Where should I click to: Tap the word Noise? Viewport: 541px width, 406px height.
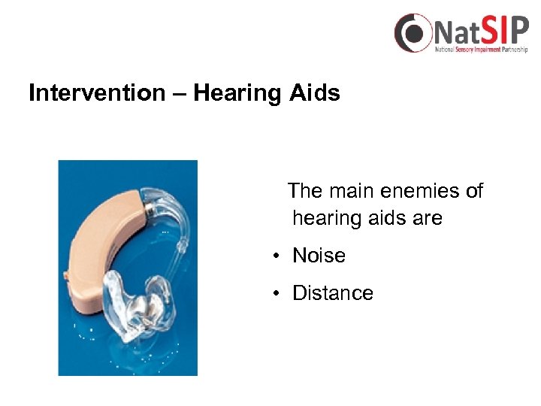pos(319,256)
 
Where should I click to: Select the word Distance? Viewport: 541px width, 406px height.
pos(332,293)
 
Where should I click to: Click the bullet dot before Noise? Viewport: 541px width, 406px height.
pos(277,256)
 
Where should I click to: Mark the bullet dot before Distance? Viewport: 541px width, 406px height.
pos(277,294)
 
